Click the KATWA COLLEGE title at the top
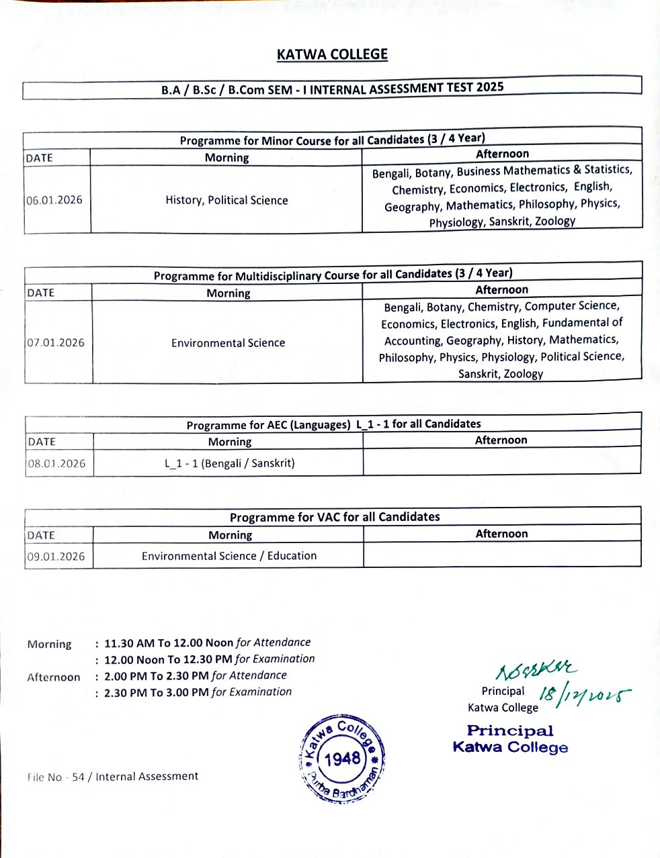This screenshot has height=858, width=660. point(332,54)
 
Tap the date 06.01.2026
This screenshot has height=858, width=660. point(54,200)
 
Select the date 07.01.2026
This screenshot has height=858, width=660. point(56,342)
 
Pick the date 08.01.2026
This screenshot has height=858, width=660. point(56,463)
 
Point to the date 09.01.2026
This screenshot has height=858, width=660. point(56,556)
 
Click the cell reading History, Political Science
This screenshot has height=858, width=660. point(226,200)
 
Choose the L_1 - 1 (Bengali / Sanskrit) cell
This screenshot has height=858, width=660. point(229,463)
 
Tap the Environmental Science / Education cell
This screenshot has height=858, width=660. point(229,556)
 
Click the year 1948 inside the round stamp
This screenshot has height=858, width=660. point(342,759)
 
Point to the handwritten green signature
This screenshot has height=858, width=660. point(536,670)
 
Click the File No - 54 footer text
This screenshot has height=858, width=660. point(113,777)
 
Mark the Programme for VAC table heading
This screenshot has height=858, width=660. point(335,517)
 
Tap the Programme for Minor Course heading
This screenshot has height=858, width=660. point(332,140)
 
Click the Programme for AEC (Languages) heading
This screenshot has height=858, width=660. point(333,424)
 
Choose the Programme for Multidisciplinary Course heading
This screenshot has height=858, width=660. point(333,275)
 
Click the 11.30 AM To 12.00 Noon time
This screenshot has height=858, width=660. point(169,643)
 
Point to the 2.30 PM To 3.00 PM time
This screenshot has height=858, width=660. point(156,692)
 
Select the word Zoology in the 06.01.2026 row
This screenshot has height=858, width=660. point(555,221)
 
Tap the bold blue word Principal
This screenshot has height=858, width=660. point(510,730)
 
